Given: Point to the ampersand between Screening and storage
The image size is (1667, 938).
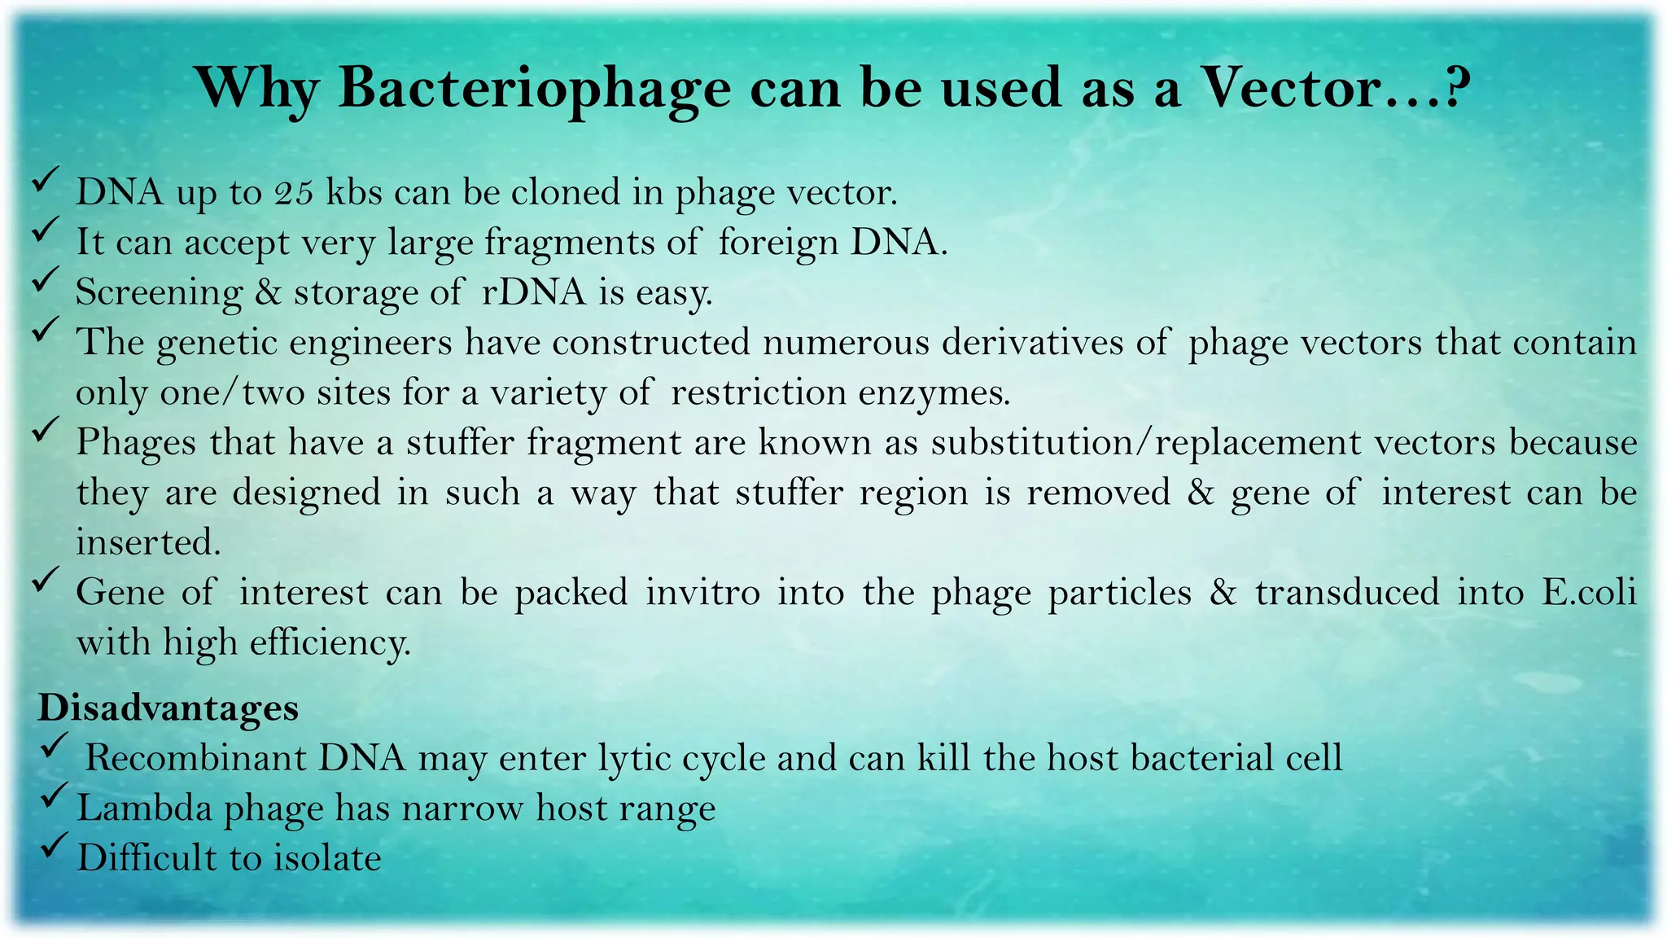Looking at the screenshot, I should coord(268,292).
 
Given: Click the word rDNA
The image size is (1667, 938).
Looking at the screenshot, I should coord(533,292).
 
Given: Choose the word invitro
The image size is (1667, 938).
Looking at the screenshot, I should coord(702,593).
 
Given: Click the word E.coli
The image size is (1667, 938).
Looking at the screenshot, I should coord(1588,593).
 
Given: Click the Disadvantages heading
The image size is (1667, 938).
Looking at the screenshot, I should coord(168,708).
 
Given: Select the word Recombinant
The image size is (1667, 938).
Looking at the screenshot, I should coord(195,758).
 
